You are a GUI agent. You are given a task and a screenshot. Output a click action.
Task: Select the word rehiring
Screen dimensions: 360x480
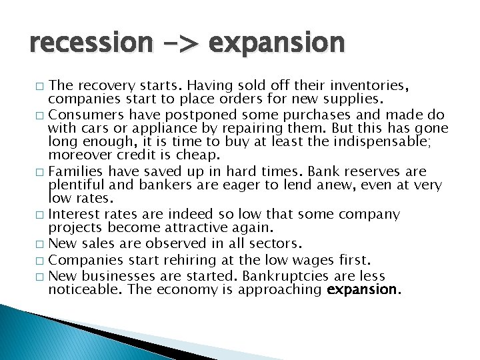(x=173, y=259)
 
